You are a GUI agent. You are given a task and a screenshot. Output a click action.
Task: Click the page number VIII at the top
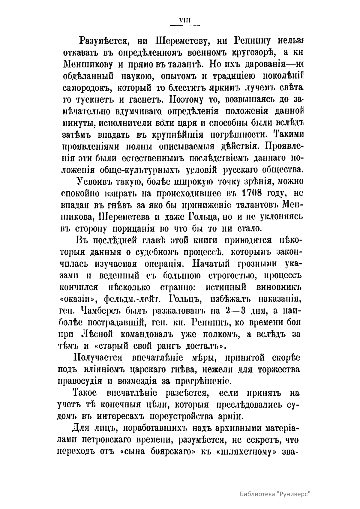pyautogui.click(x=185, y=21)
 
